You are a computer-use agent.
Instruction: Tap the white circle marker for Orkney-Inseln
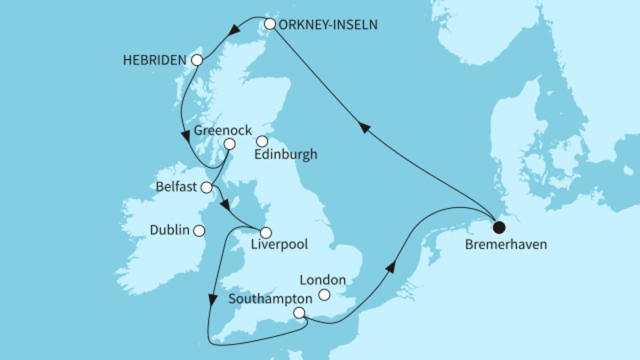click(270, 24)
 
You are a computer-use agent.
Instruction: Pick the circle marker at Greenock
click(230, 144)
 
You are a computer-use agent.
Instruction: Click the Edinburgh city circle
click(262, 142)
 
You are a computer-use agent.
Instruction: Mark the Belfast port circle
click(206, 188)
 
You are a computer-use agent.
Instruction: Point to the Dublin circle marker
click(198, 230)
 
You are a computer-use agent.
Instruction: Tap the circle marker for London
click(325, 295)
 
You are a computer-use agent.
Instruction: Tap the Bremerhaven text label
click(506, 245)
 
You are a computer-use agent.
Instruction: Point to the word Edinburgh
click(286, 155)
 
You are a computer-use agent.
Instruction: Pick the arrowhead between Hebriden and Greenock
click(187, 134)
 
